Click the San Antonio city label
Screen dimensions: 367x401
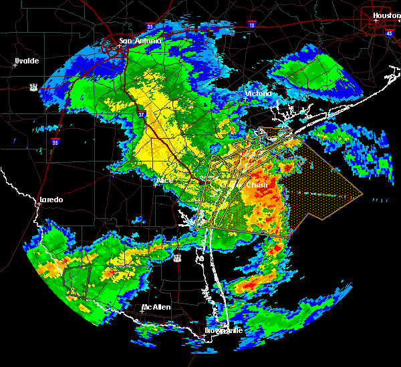coord(140,41)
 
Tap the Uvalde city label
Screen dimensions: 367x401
coord(27,61)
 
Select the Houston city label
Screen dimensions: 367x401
coord(386,15)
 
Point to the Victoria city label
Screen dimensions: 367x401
coord(259,93)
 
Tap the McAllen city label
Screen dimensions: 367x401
coord(155,307)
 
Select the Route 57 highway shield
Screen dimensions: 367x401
coord(33,87)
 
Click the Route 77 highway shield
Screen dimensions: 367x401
coord(176,257)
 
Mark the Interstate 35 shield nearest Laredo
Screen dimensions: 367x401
coord(56,141)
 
